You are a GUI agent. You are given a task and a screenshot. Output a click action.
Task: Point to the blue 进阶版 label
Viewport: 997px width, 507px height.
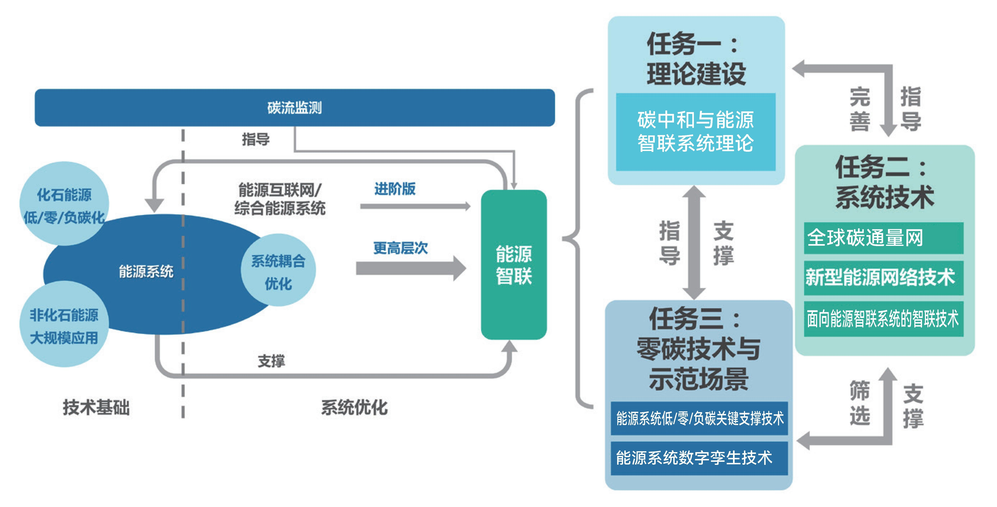(395, 189)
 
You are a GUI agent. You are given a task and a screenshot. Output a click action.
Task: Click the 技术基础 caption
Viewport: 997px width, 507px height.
(96, 407)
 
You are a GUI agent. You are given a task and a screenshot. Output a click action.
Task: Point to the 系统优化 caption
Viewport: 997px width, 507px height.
(354, 407)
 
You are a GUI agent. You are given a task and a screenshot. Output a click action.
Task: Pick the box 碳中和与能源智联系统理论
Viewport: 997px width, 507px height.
(696, 132)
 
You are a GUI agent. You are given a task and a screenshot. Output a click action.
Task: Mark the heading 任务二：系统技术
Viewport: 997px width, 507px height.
(884, 182)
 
